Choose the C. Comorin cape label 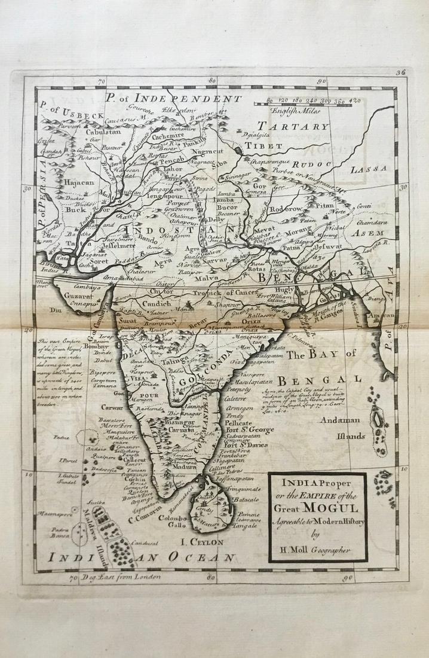(146, 518)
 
